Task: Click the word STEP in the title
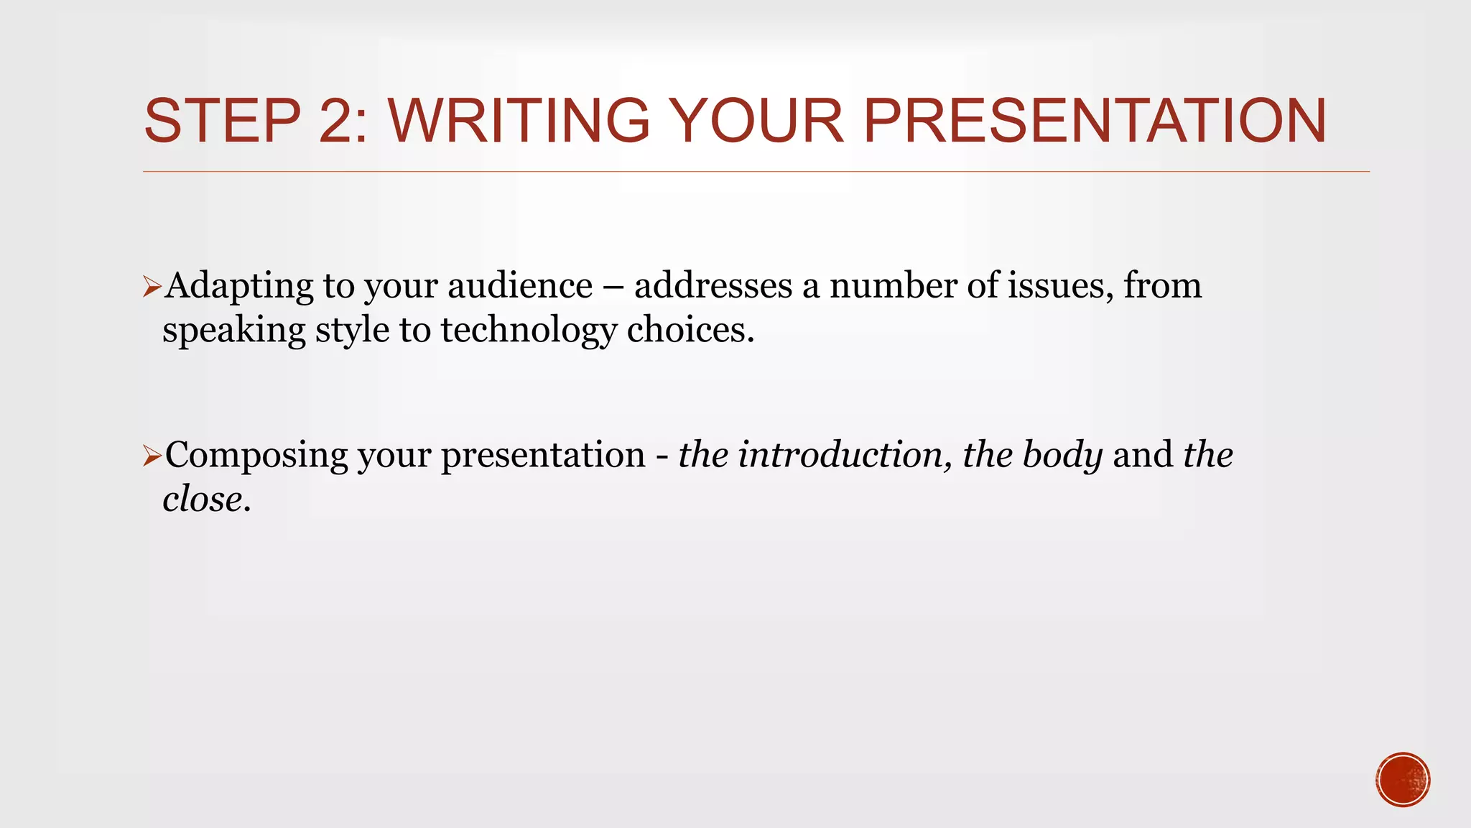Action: (x=222, y=121)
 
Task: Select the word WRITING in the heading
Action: (x=519, y=121)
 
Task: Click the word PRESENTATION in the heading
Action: (x=1094, y=121)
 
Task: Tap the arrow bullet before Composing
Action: (x=152, y=456)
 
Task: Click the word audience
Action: (x=520, y=285)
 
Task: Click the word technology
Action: (x=529, y=331)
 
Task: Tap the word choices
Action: (x=690, y=330)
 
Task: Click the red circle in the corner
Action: (x=1403, y=780)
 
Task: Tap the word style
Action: (x=352, y=331)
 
